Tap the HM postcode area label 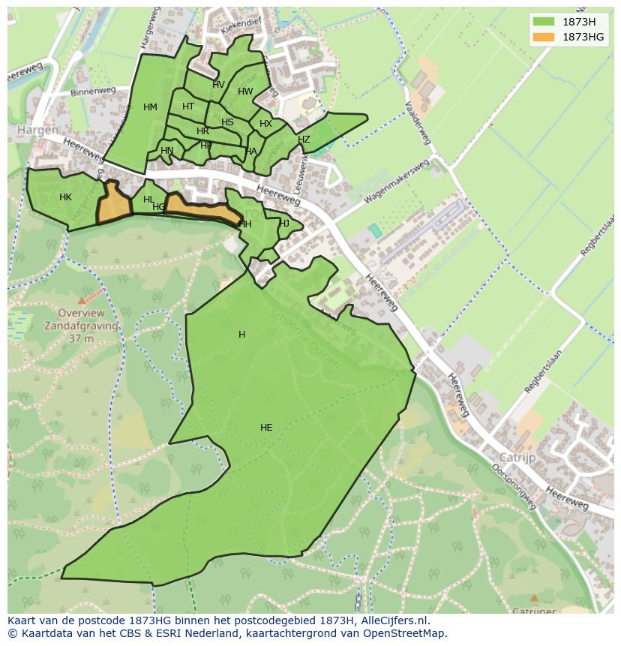click(150, 107)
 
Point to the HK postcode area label click(65, 197)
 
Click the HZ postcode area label click(304, 140)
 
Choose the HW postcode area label click(245, 92)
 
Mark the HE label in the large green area click(266, 428)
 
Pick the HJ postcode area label click(284, 224)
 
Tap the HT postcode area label click(188, 107)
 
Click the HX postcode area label click(265, 124)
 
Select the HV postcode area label click(218, 85)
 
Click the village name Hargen click(37, 130)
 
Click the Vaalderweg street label click(417, 122)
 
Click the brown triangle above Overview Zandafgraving click(82, 300)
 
